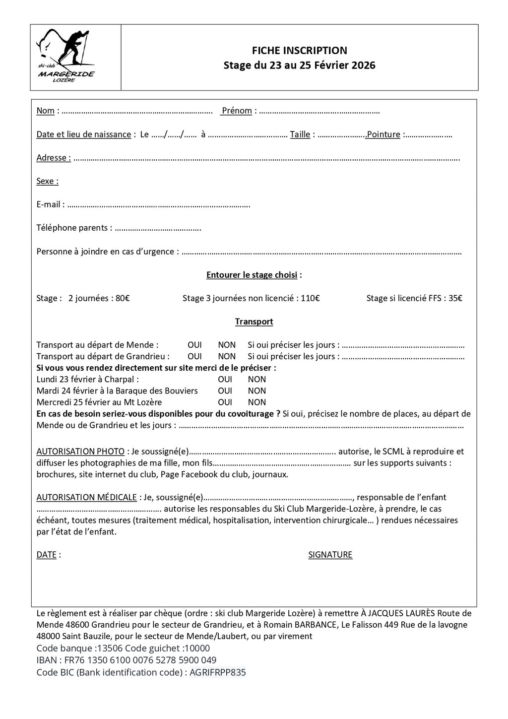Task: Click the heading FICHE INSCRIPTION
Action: tap(299, 50)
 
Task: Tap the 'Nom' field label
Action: tap(45, 111)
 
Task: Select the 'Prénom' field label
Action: tap(237, 111)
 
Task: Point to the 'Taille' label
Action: tap(300, 134)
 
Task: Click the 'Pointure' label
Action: tap(383, 134)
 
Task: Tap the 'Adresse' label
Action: tap(53, 158)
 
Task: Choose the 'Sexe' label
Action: tap(47, 181)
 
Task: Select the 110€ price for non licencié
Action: tap(310, 298)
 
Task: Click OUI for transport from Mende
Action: tap(194, 345)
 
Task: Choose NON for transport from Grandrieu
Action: tap(227, 356)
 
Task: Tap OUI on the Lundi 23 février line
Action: tap(225, 380)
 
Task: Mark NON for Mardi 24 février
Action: tap(257, 391)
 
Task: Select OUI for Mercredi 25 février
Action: tap(225, 402)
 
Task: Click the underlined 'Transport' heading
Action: tap(254, 322)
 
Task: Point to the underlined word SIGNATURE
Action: tap(330, 555)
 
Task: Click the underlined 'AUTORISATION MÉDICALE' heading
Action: tap(86, 497)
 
